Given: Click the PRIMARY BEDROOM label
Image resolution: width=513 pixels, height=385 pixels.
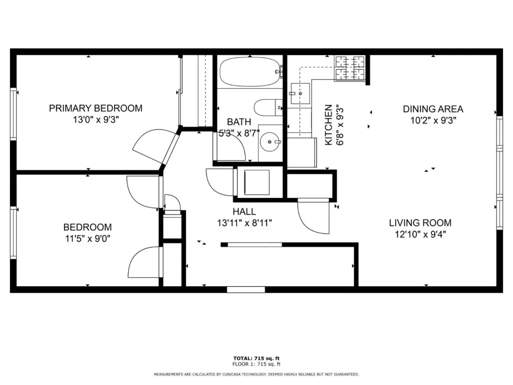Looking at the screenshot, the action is point(96,108).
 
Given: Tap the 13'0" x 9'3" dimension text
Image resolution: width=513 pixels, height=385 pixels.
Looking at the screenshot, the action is point(96,119).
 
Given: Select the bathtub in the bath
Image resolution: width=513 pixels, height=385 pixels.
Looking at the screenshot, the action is point(250,72).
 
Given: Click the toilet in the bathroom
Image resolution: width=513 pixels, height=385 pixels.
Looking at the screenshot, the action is point(269,107).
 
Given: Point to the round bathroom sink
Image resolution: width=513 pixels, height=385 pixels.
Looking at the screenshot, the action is point(270,142).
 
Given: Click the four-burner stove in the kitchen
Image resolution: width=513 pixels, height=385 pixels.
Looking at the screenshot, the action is point(350,68).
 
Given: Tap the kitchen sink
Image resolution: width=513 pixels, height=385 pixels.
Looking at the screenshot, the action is point(301,94).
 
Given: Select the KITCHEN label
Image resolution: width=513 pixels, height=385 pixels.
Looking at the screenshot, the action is point(328,125).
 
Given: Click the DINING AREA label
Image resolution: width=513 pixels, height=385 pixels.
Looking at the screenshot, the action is point(433,109).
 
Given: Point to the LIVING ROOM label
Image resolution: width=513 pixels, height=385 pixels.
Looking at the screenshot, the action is point(420,223).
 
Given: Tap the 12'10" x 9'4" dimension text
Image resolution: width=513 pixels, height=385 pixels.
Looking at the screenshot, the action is point(420,235).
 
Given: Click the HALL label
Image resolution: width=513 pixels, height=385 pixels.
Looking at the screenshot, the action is point(244,212).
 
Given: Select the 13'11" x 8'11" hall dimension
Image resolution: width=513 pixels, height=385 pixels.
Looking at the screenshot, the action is point(244,223).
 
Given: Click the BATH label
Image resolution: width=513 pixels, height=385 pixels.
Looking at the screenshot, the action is point(239,122).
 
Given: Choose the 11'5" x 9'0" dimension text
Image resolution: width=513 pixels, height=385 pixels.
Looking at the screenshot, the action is point(88,238).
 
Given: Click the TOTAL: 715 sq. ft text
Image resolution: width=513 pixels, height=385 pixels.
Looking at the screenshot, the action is point(256,358).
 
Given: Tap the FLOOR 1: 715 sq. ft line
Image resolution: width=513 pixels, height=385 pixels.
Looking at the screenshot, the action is point(256,364).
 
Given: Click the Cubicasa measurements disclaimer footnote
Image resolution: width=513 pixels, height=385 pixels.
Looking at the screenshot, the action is point(256,374).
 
